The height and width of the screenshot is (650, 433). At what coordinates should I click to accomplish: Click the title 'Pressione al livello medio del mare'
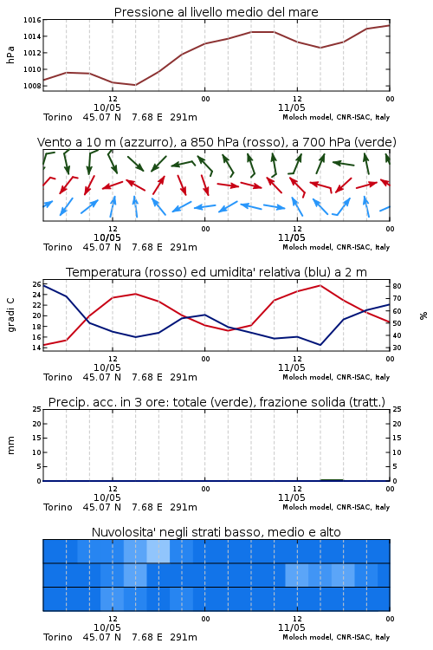pos(216,12)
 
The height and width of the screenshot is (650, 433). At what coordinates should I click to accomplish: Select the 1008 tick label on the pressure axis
pos(32,86)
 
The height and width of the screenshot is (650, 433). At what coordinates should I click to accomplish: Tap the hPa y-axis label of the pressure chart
pos(10,55)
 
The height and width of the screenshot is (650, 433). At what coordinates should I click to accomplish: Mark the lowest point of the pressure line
pos(135,85)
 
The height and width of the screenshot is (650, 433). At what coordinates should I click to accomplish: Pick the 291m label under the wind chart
pos(183,247)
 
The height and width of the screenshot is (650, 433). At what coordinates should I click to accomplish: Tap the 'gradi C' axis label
pos(11,315)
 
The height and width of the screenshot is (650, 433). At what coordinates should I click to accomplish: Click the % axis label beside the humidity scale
pos(423,315)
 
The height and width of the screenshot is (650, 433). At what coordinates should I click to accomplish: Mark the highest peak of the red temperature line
pos(320,285)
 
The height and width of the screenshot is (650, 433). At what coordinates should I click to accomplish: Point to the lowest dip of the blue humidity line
pos(320,345)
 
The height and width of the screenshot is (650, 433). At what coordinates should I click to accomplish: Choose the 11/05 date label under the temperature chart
pos(291,367)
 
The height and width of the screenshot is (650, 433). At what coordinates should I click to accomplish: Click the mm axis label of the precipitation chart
pos(10,445)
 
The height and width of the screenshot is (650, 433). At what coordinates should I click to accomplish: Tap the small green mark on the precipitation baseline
pos(332,479)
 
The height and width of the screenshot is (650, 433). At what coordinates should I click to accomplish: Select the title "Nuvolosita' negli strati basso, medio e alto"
pos(216,532)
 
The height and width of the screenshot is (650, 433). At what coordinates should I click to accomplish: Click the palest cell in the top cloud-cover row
pos(158,551)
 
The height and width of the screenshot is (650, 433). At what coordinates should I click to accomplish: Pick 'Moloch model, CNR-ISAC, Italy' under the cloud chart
pos(336,637)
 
